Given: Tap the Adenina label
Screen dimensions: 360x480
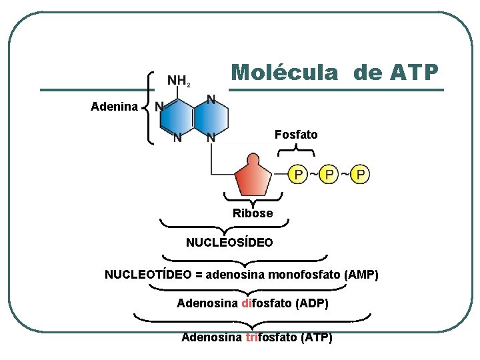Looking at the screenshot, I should [x=115, y=107].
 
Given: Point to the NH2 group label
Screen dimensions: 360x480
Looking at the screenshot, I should [x=179, y=81].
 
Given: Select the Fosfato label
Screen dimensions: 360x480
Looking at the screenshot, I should [x=296, y=135].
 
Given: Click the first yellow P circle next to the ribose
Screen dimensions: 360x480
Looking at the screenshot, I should [x=297, y=175].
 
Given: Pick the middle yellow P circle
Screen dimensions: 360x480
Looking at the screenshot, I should [x=328, y=175].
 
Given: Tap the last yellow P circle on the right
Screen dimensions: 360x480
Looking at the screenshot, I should [x=360, y=175].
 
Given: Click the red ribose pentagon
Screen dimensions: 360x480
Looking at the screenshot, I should [x=253, y=177].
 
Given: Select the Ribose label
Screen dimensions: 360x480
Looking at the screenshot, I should [x=253, y=213].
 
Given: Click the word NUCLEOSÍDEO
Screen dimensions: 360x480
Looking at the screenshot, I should [x=229, y=243].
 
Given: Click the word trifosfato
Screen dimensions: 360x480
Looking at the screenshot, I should [x=271, y=337].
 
